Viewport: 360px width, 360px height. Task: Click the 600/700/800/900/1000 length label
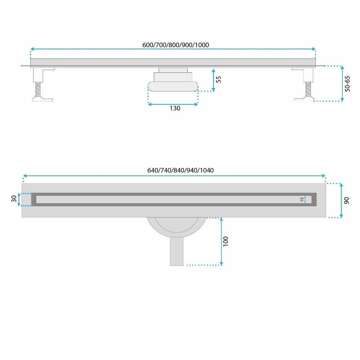coord(176,45)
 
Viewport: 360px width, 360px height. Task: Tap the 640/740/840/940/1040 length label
coord(180,170)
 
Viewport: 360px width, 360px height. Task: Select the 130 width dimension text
coord(175,108)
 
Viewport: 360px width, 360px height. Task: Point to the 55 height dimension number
coord(219,79)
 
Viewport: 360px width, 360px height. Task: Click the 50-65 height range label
coord(347,84)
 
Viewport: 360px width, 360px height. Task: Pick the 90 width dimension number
coord(346,201)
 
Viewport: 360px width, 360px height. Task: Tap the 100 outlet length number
coord(225,241)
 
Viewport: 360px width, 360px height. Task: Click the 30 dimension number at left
coord(14,199)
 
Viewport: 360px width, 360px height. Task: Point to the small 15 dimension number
coord(302,199)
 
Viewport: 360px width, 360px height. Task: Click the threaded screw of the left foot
coord(39,90)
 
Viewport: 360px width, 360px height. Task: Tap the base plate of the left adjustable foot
coord(42,99)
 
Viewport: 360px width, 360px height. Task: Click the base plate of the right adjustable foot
coord(304,99)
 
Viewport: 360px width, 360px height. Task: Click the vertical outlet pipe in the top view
coord(176,251)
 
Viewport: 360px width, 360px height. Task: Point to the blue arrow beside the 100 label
coord(221,242)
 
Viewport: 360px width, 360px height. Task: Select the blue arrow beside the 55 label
coord(213,80)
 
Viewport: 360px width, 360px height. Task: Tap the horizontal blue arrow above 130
coord(173,104)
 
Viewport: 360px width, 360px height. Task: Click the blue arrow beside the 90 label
coord(341,201)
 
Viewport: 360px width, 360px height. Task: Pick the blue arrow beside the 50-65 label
coord(342,84)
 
